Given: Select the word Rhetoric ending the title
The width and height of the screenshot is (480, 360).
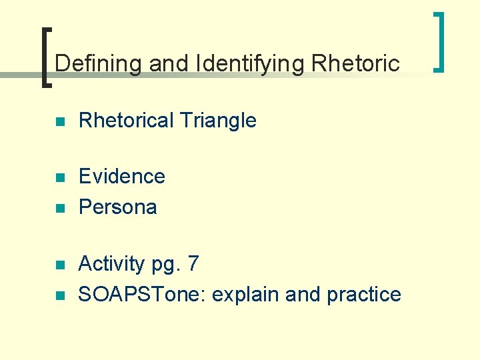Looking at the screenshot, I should point(355,63).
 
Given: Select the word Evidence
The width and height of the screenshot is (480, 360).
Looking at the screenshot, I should point(121,176).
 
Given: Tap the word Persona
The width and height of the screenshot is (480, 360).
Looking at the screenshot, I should point(117,207).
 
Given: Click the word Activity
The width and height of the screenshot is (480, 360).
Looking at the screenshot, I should point(111,264).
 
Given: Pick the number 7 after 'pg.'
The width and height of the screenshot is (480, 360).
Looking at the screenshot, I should point(193,264).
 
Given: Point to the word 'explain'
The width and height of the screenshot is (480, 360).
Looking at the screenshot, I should point(247,295).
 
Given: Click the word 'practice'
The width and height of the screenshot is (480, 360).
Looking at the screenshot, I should point(364,295).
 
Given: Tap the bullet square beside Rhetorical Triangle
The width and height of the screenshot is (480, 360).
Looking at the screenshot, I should point(59,122).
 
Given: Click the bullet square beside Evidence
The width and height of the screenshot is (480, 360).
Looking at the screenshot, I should point(59,178).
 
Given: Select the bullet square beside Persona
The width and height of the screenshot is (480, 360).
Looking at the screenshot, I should point(59,209).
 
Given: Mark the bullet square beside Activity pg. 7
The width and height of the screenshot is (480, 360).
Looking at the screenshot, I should point(59,265).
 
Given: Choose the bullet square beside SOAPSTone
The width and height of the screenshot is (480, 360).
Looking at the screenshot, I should point(59,296).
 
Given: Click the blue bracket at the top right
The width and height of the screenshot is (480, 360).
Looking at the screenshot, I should point(439,41).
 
